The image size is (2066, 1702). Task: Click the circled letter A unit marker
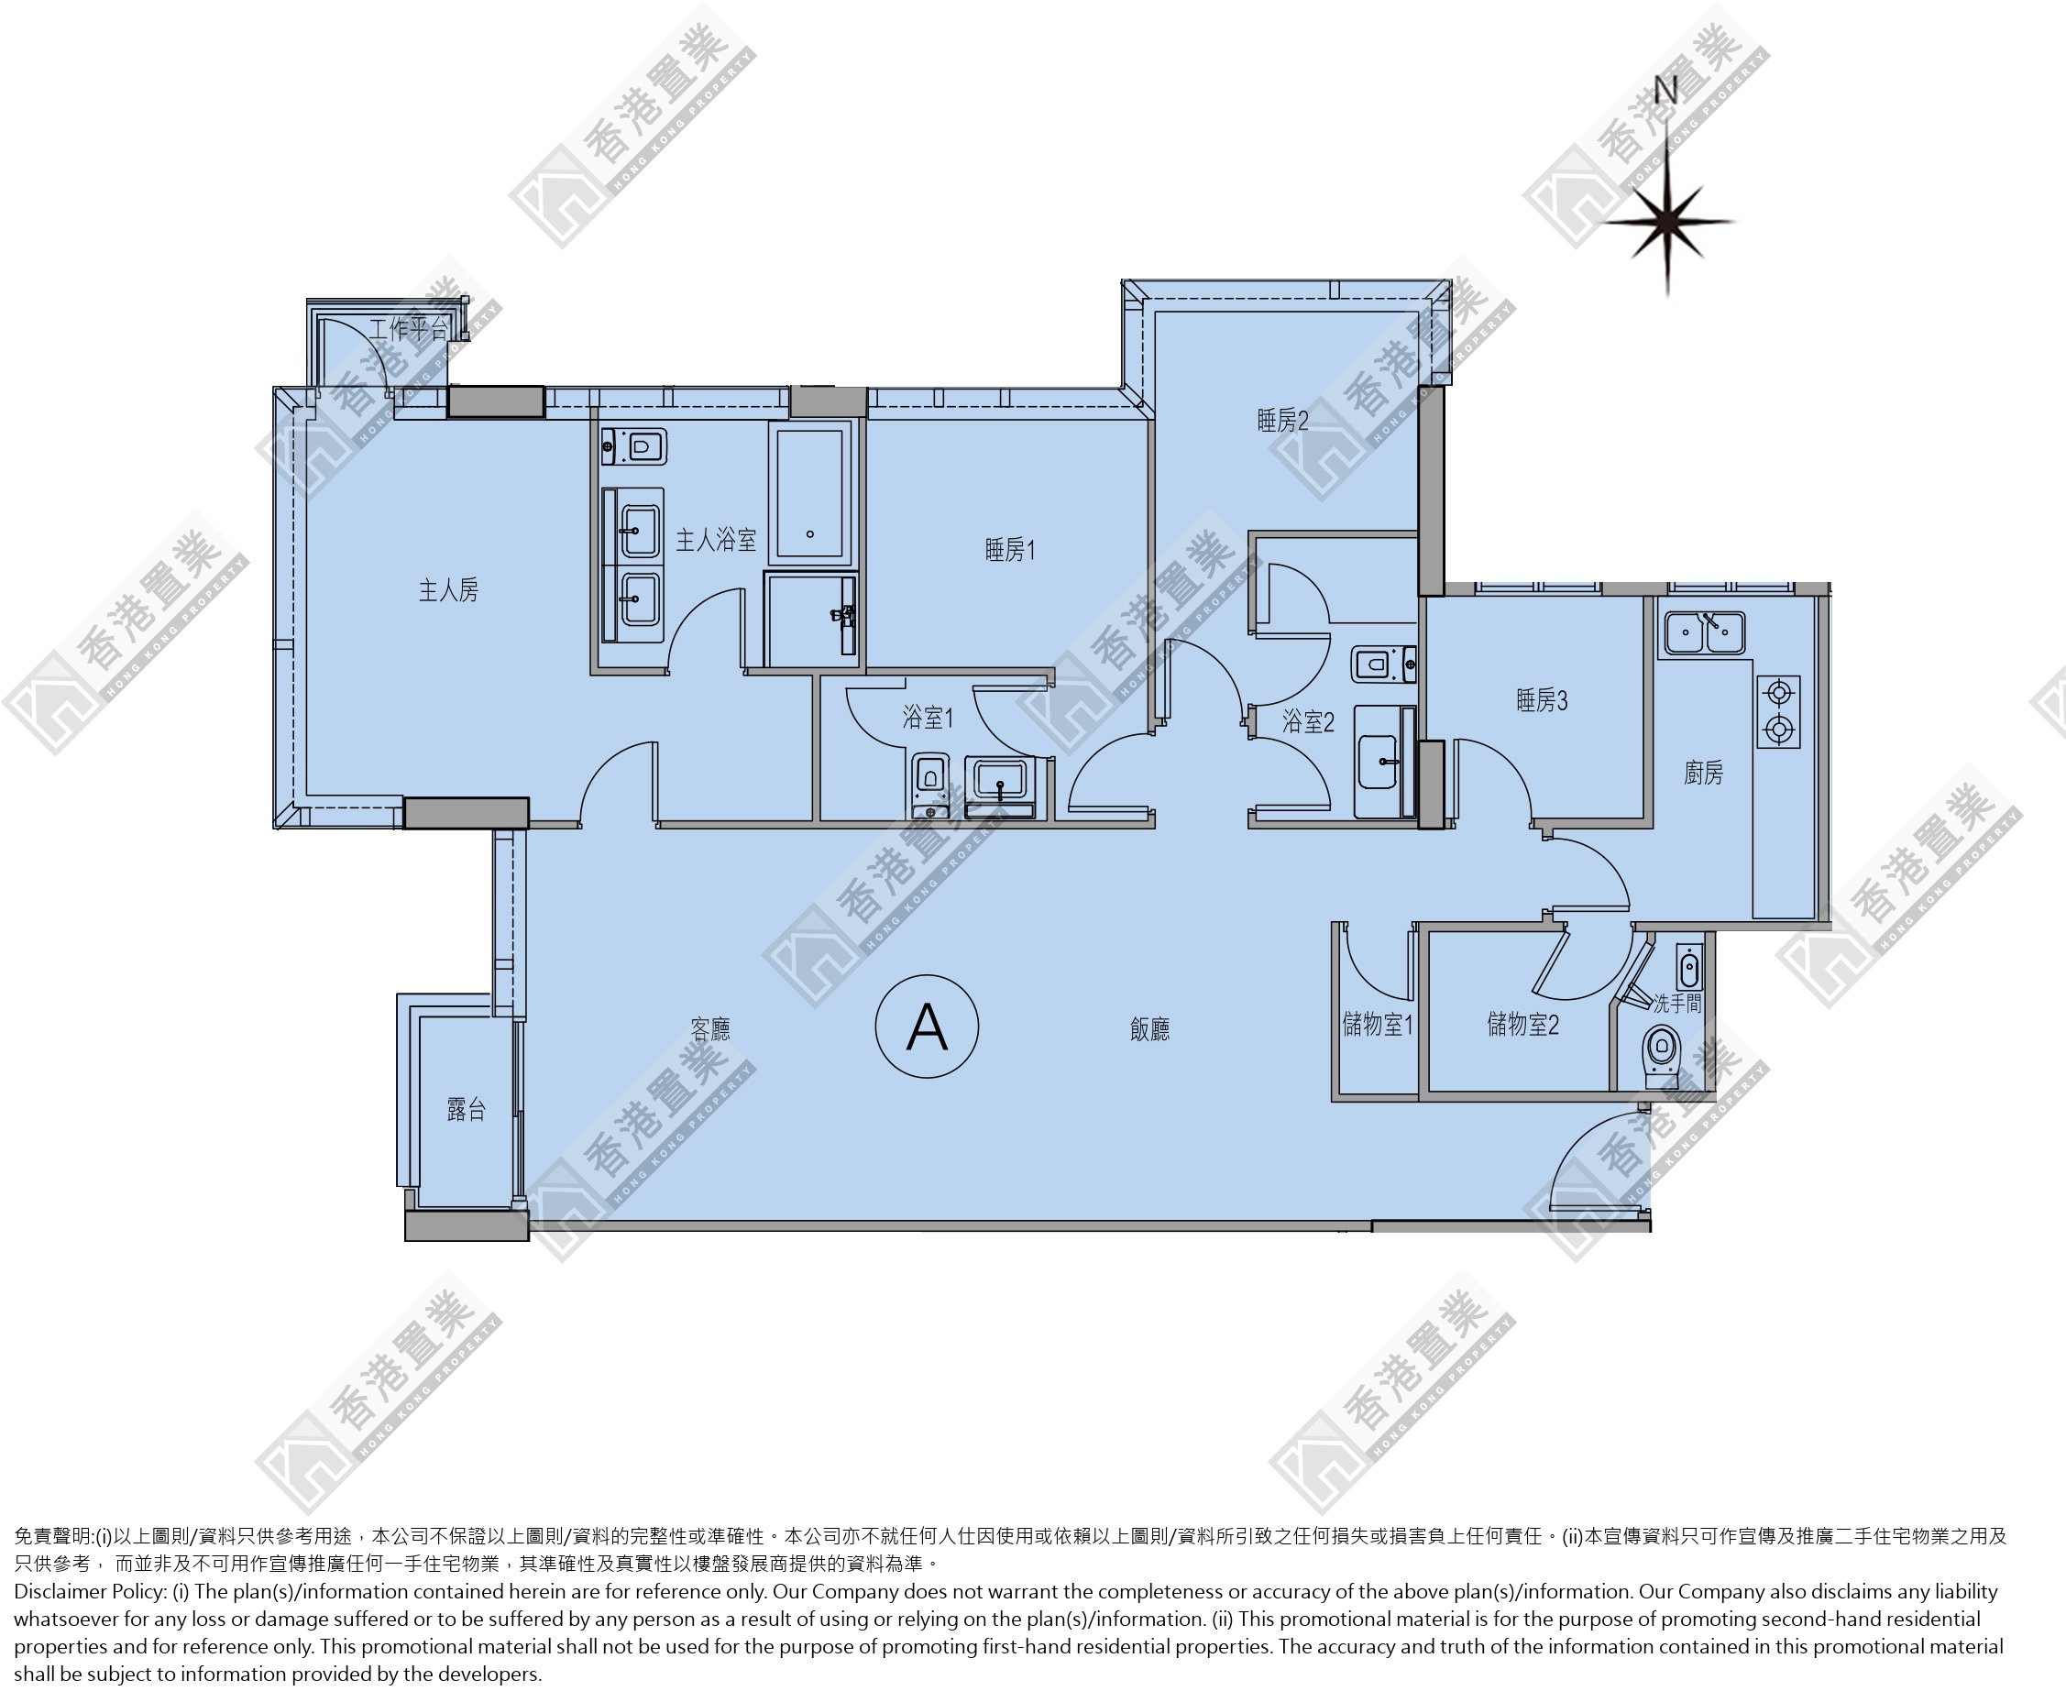click(x=927, y=1027)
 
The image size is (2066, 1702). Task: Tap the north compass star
click(x=1668, y=223)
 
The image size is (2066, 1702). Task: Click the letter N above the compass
click(x=1666, y=90)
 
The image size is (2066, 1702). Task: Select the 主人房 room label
click(x=448, y=590)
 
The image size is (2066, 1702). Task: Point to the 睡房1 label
click(x=1010, y=550)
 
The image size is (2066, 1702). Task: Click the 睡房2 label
click(x=1282, y=422)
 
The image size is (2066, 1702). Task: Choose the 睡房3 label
click(x=1542, y=700)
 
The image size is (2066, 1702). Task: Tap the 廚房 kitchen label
click(x=1703, y=774)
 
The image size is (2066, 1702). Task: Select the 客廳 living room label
click(x=710, y=1028)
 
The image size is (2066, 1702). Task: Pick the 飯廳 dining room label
click(x=1149, y=1028)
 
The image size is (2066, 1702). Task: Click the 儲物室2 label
click(x=1522, y=1025)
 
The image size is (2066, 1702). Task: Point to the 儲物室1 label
click(x=1378, y=1025)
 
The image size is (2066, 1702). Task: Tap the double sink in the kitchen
click(x=1702, y=632)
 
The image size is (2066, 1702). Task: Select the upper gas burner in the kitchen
click(x=1777, y=694)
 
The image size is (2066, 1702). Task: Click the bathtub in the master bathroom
click(x=810, y=492)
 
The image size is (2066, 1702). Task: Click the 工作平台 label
click(x=409, y=328)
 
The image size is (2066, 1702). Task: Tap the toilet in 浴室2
click(x=1382, y=664)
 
